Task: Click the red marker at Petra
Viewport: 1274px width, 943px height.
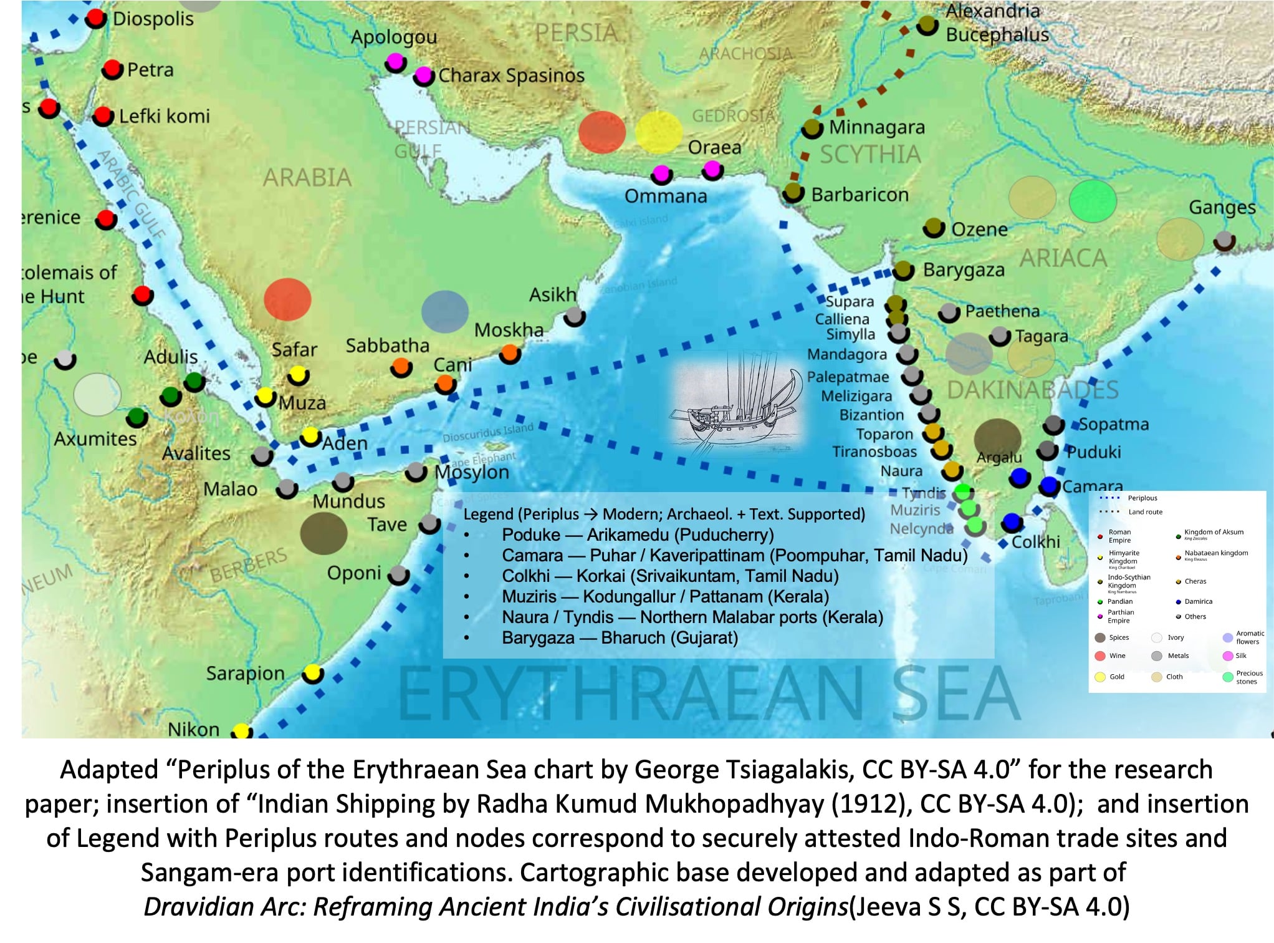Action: point(112,69)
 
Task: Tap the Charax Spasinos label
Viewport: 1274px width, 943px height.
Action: point(511,75)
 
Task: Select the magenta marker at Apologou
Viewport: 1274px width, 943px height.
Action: point(395,62)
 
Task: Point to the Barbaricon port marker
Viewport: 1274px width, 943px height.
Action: point(793,193)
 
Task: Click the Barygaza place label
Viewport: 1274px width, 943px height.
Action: point(964,270)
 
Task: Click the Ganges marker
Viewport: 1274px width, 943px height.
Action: point(1225,240)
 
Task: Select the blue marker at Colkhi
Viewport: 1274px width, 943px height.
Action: point(1012,523)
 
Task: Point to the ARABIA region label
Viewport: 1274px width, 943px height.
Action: point(307,178)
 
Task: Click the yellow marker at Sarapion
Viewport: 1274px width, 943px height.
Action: point(312,674)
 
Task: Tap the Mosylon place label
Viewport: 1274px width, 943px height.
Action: point(472,473)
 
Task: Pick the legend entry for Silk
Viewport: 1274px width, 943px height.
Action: point(1240,655)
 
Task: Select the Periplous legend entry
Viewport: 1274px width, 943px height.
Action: point(1142,498)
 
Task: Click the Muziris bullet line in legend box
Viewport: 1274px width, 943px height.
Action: point(665,597)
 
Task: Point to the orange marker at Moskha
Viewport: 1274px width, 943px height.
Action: point(510,354)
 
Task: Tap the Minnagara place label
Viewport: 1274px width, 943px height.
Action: point(876,127)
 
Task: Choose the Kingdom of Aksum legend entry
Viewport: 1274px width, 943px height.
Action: point(1213,532)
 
